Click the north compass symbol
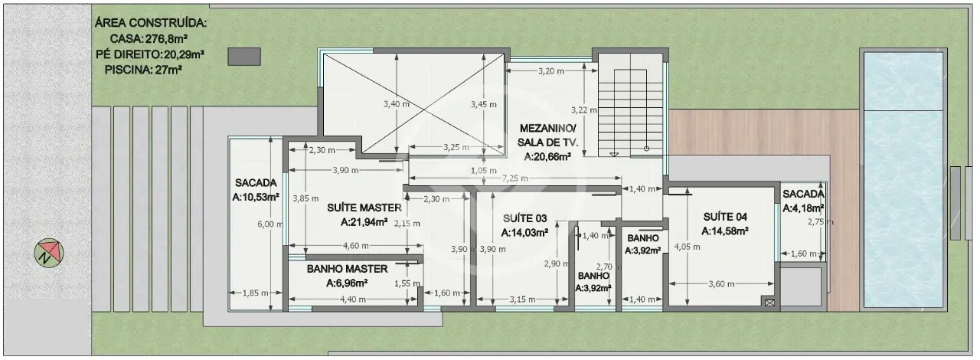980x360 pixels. (49, 253)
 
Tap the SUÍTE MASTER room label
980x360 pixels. (364, 208)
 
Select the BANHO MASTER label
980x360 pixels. (347, 269)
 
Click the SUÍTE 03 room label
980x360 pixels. (524, 218)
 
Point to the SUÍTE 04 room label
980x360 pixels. (725, 217)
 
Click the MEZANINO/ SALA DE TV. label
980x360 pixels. (547, 136)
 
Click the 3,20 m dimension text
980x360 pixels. (550, 71)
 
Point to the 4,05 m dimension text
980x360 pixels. (687, 247)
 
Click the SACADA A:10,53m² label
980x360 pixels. (256, 190)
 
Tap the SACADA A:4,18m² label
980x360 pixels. (803, 201)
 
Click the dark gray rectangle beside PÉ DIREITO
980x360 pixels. (244, 57)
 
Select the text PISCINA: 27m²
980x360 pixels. (143, 70)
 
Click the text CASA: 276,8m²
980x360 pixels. (149, 39)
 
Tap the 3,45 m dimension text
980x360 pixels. (483, 104)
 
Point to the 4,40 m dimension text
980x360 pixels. (353, 299)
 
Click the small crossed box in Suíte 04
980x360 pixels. (769, 303)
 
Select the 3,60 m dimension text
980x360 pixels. (721, 284)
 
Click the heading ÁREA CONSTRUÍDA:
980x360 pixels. (151, 23)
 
